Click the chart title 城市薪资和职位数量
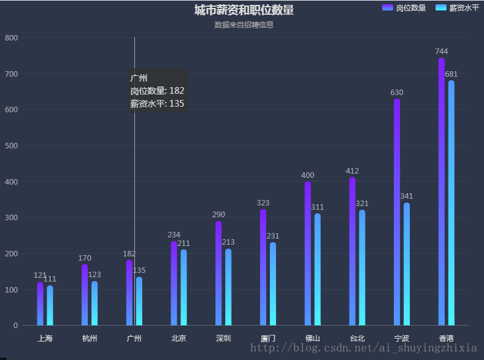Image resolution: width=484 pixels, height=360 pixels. (244, 10)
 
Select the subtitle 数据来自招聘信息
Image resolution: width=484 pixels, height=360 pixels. (244, 25)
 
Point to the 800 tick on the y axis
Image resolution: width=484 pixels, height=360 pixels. (12, 38)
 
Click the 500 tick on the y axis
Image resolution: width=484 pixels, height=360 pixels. (12, 146)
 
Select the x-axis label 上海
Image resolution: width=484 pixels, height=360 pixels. (45, 339)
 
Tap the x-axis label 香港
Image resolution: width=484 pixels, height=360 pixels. (447, 339)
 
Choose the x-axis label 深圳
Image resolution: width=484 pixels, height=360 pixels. (223, 339)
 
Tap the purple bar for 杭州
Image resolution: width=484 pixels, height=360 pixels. (85, 295)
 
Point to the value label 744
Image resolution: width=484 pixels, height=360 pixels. (442, 52)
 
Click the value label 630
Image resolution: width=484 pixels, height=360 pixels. (397, 93)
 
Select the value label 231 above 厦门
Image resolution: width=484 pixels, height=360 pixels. (273, 236)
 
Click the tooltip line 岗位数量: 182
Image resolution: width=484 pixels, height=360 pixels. (157, 91)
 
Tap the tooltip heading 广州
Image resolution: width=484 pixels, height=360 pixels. (139, 78)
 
